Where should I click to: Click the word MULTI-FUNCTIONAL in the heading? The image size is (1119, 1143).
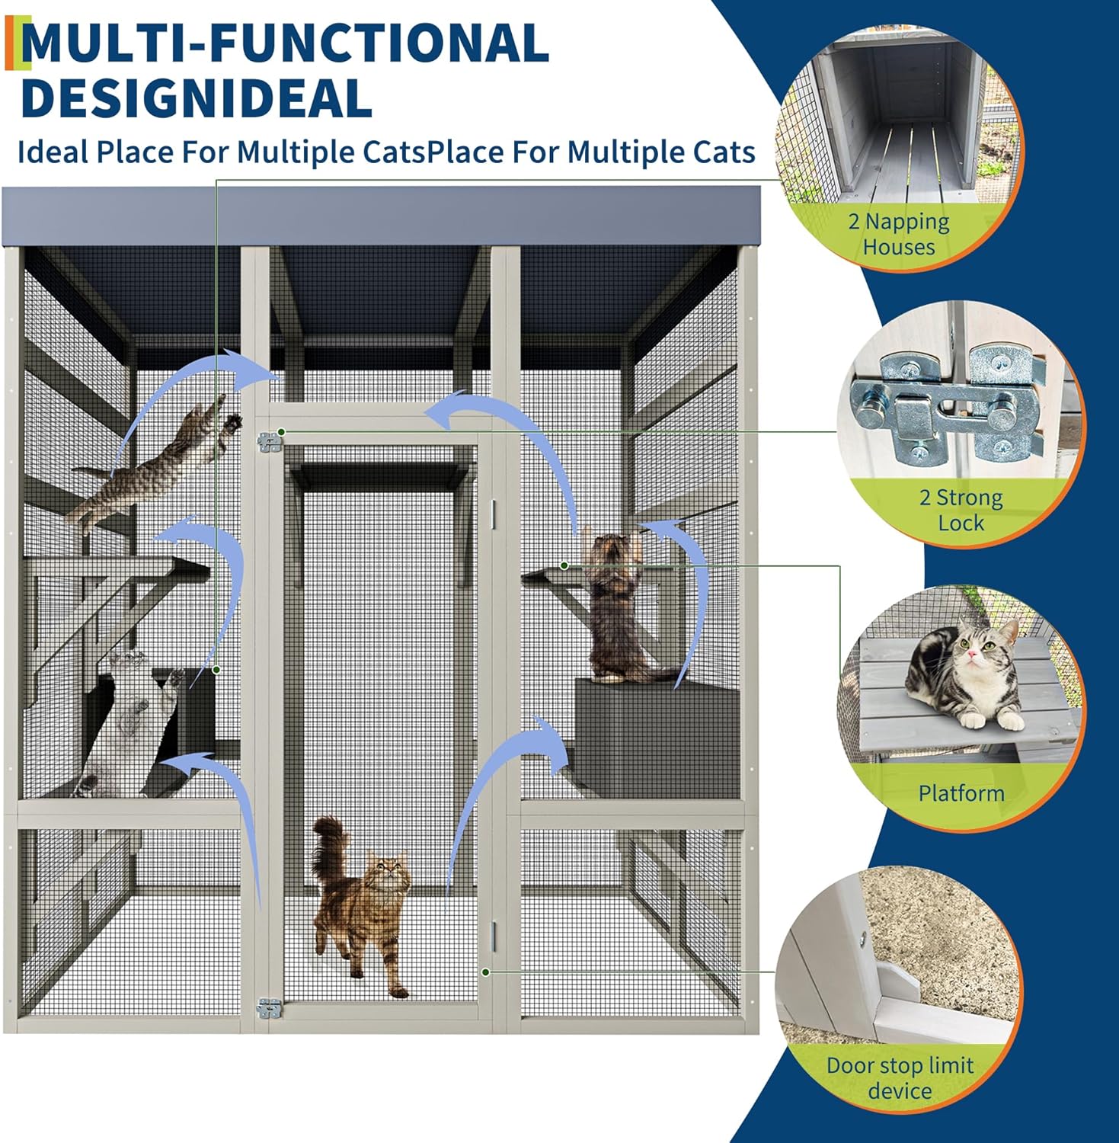(285, 43)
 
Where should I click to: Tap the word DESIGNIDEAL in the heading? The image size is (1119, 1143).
(197, 98)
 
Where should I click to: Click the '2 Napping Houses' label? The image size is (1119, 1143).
(899, 234)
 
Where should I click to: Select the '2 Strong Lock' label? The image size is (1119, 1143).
(961, 510)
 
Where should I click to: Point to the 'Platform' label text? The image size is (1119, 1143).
(961, 793)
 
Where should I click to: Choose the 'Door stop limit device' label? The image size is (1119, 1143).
(900, 1077)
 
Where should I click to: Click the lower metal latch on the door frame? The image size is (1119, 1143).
(270, 1009)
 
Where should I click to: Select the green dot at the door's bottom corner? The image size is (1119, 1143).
(485, 972)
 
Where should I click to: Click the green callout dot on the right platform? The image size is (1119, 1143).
(564, 565)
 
